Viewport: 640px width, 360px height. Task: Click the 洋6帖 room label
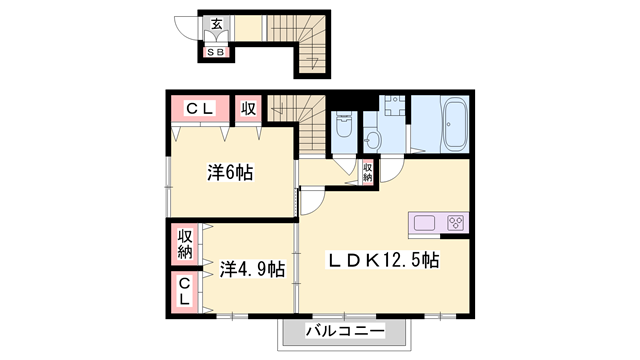click(230, 172)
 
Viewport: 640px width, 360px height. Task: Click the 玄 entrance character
click(216, 25)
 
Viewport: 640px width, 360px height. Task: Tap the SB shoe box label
click(216, 51)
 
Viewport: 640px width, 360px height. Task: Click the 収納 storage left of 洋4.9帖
click(185, 243)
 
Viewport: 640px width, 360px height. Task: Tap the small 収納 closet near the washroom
click(368, 172)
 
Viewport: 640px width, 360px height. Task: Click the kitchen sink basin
click(422, 223)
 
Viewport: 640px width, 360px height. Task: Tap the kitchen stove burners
click(455, 223)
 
